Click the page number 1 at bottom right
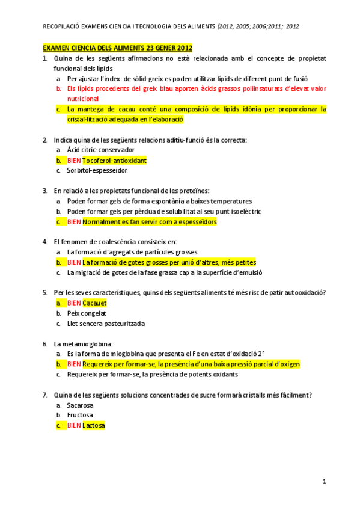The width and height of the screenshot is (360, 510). [x=325, y=481]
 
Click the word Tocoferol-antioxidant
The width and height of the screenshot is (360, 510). [x=114, y=161]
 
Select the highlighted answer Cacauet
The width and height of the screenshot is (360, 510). [x=94, y=303]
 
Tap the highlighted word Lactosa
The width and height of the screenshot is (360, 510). [x=93, y=426]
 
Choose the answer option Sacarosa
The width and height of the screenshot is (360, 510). [x=81, y=405]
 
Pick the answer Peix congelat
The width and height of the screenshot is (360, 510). [x=87, y=313]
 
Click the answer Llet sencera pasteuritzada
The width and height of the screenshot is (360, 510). [x=106, y=324]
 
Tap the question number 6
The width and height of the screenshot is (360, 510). [x=45, y=344]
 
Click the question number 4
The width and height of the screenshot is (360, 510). [x=45, y=242]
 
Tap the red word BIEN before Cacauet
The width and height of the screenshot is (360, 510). [x=74, y=303]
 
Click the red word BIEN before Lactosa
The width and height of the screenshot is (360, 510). [x=74, y=426]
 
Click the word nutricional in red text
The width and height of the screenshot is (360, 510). [x=83, y=99]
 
